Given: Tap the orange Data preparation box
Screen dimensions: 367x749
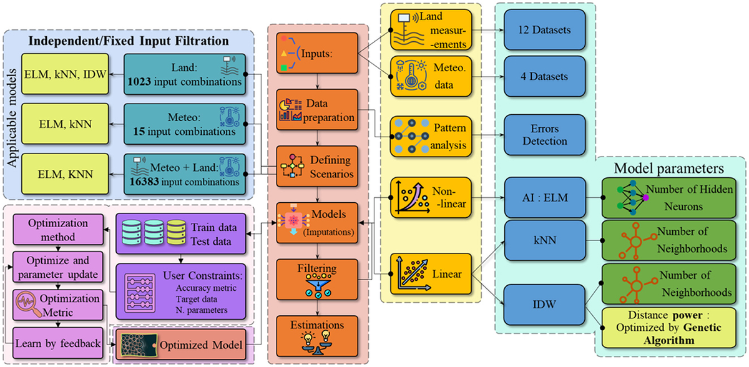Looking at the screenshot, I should pyautogui.click(x=316, y=110).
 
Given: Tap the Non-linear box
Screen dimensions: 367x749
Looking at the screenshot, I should pyautogui.click(x=428, y=195).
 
